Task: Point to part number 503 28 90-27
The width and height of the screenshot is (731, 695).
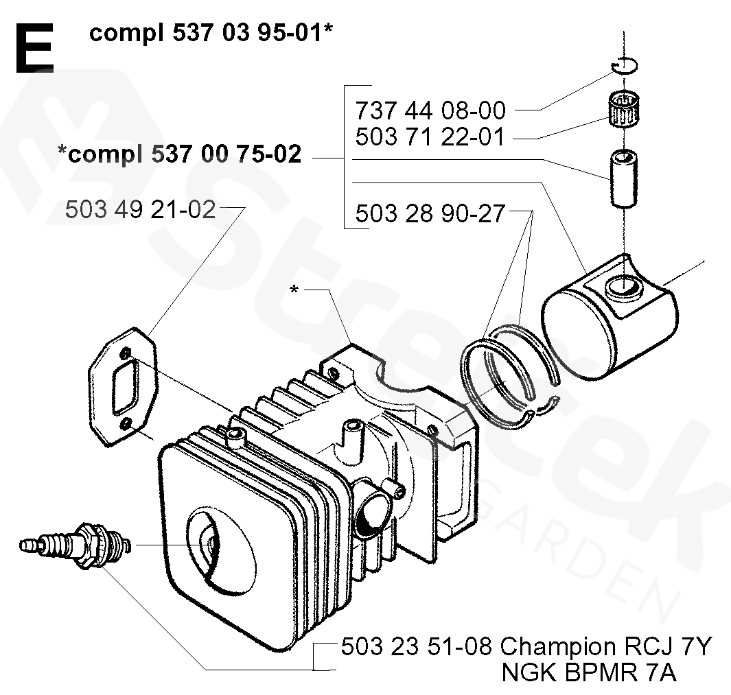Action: click(x=430, y=214)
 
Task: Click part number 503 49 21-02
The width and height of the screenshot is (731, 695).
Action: click(x=140, y=209)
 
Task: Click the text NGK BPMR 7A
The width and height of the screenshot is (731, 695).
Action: click(x=589, y=673)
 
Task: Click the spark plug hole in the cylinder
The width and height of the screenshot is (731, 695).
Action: click(x=209, y=542)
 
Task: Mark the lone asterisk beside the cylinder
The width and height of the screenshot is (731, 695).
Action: click(x=294, y=290)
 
